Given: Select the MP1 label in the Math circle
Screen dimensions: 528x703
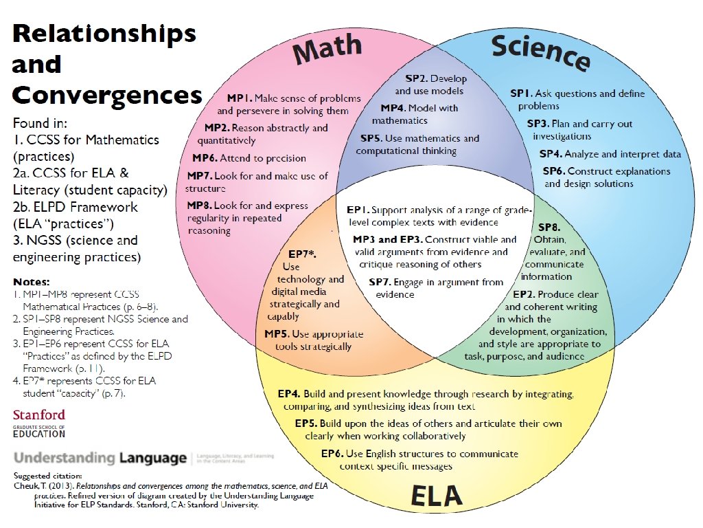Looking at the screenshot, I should click(x=240, y=98).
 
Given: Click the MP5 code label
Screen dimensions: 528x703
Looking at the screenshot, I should click(x=280, y=334).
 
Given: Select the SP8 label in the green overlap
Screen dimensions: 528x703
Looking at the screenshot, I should click(x=549, y=227).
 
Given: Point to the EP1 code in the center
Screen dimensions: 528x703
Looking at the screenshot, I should click(x=358, y=209).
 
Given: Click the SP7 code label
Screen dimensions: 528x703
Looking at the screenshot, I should click(x=380, y=282).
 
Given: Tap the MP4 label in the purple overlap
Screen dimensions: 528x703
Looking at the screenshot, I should click(x=393, y=108).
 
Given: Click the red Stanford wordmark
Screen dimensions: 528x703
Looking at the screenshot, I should click(x=39, y=415).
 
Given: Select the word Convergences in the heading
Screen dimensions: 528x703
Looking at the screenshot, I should click(x=107, y=95).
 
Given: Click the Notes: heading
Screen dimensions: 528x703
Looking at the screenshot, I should click(x=32, y=282).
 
